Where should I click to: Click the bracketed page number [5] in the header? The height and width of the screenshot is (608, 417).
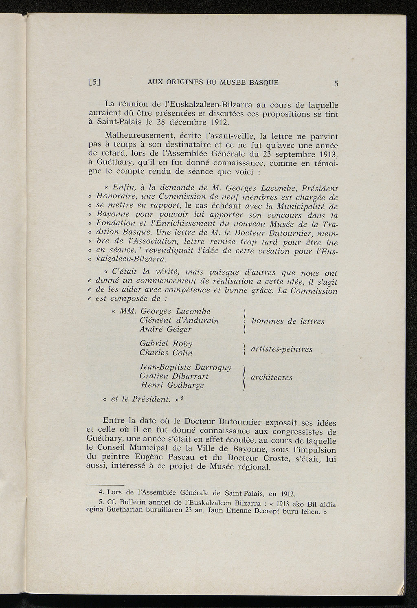coord(94,82)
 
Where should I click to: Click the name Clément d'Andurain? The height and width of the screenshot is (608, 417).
coord(179,320)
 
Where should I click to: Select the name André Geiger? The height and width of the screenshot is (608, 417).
coord(165,329)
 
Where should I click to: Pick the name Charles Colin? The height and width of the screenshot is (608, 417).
coord(166,353)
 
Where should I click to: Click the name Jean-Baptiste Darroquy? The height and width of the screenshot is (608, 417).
coord(185,367)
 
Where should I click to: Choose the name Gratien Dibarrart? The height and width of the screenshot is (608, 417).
coord(174,376)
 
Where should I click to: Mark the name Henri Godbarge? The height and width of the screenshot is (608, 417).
coord(172,385)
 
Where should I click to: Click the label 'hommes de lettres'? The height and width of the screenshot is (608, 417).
coord(288,321)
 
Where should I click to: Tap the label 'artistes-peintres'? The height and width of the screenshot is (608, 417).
coord(282,349)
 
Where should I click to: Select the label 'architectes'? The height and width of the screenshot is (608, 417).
coord(272,378)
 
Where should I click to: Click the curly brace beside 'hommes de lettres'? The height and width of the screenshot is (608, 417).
coord(244,321)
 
